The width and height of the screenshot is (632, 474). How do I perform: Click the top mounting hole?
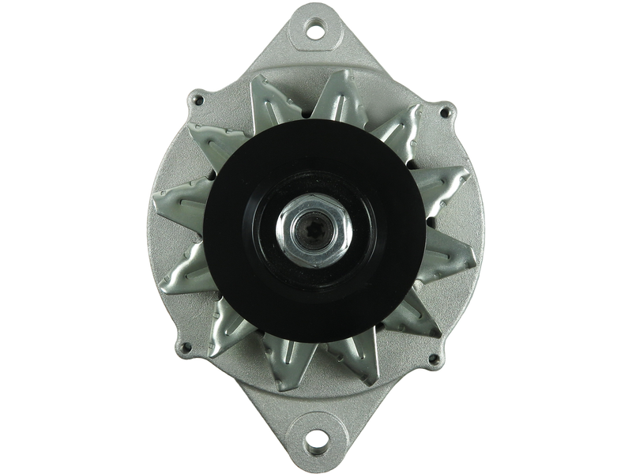coord(315,32)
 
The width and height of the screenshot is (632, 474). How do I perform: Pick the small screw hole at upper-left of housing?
coord(197,101)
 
